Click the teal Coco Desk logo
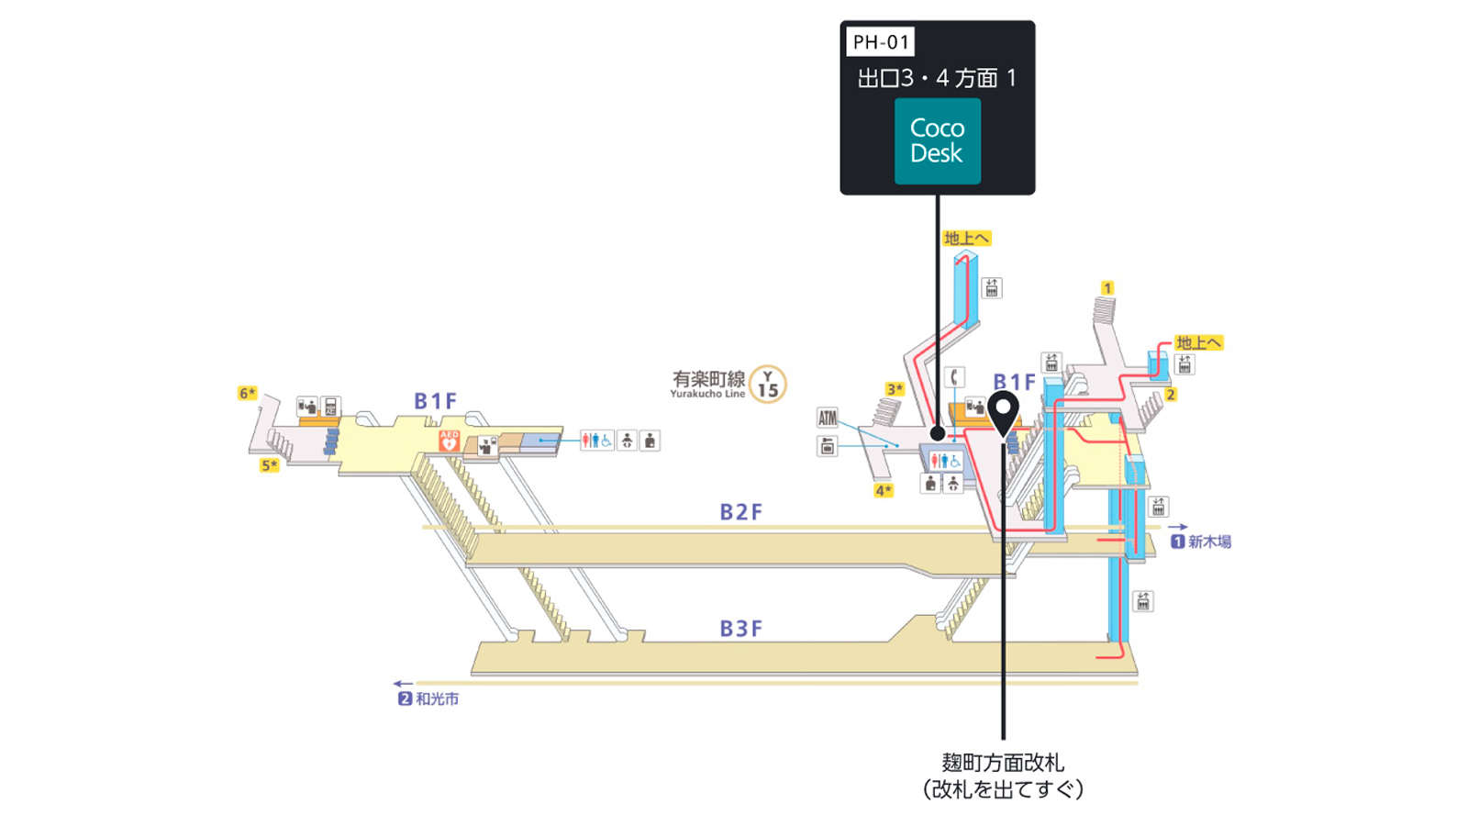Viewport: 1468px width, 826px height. click(x=937, y=141)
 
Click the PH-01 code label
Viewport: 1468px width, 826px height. click(x=880, y=42)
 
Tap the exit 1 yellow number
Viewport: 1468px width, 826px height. click(x=1107, y=288)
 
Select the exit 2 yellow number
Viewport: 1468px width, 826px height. click(x=1171, y=394)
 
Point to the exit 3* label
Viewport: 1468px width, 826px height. click(x=895, y=389)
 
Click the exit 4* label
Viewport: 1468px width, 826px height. click(x=884, y=490)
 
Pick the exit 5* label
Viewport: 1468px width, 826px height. click(x=270, y=465)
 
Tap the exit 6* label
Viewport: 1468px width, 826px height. click(x=247, y=394)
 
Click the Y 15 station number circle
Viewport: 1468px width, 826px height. click(x=767, y=384)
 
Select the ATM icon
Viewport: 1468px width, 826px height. click(x=827, y=418)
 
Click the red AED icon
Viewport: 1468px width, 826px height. click(x=449, y=441)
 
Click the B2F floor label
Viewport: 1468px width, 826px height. click(x=741, y=512)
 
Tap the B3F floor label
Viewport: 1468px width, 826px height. click(x=741, y=629)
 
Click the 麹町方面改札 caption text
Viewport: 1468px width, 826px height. click(x=1003, y=763)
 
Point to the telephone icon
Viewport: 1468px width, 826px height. click(x=955, y=377)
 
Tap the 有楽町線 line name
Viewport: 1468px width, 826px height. click(x=708, y=379)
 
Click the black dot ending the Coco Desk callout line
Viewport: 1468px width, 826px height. click(x=938, y=433)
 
